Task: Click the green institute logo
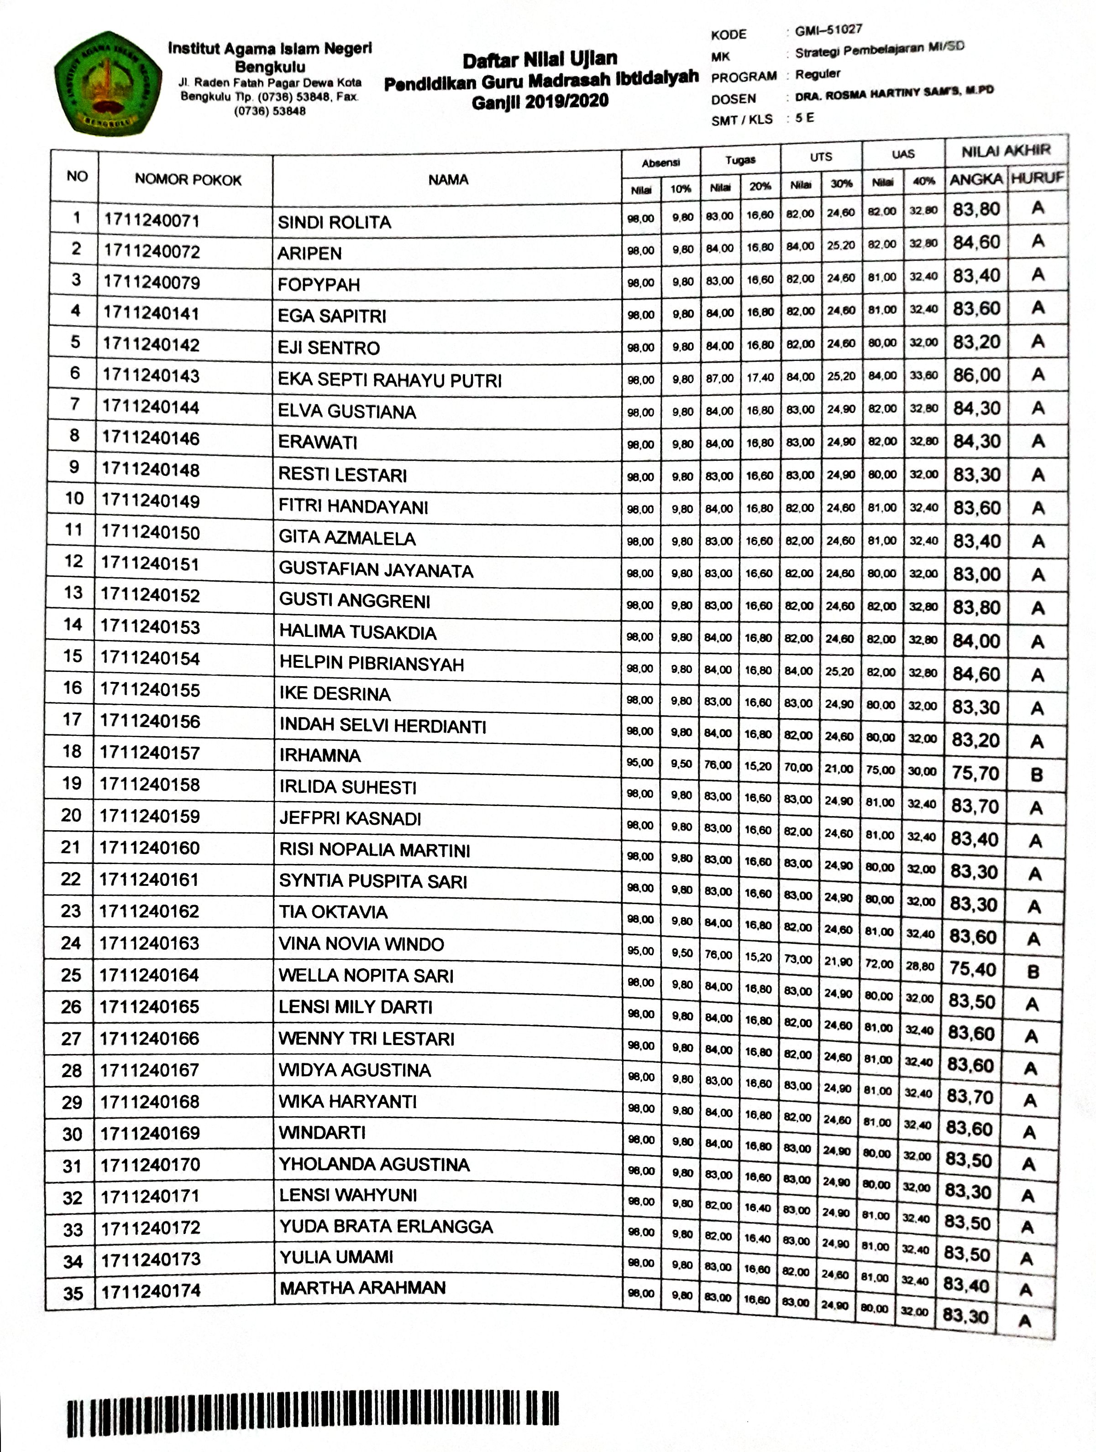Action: (x=108, y=83)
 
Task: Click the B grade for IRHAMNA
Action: (x=1036, y=775)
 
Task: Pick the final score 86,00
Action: (x=976, y=375)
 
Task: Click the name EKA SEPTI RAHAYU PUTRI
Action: (x=389, y=380)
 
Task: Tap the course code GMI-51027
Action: (x=828, y=30)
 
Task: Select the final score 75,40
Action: (x=973, y=969)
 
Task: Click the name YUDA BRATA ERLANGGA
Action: (x=385, y=1226)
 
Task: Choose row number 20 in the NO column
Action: (x=71, y=815)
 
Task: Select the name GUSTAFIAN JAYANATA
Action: (x=376, y=569)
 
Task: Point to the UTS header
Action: (x=821, y=157)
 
